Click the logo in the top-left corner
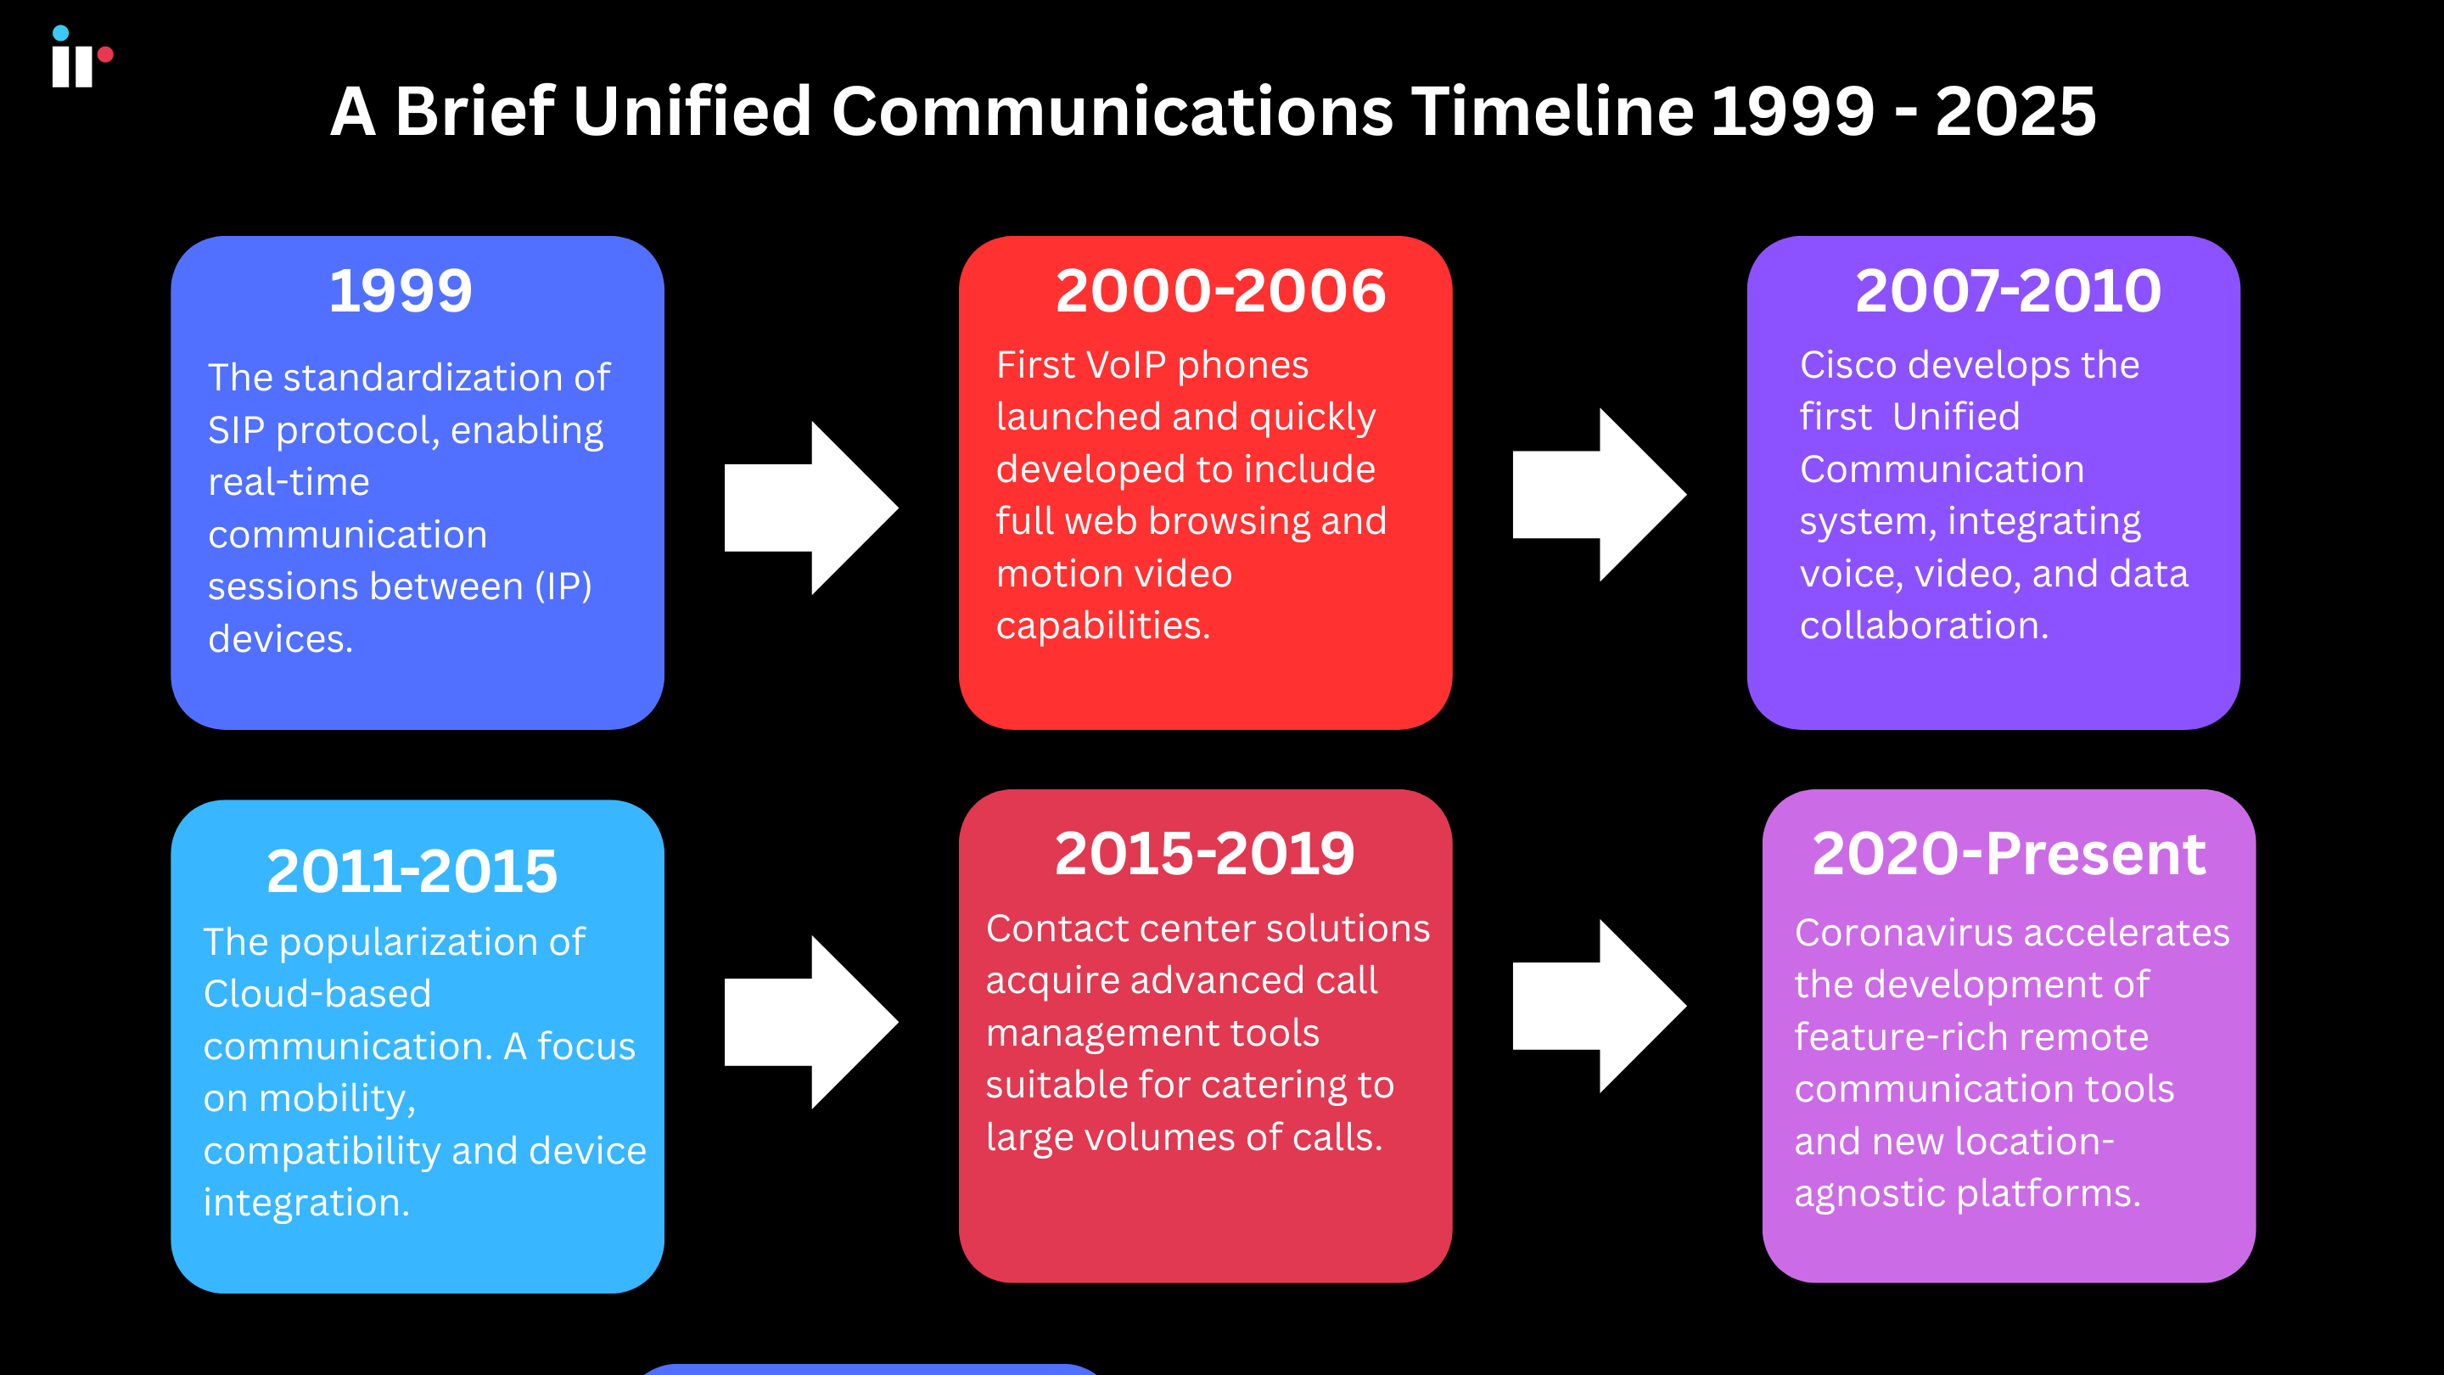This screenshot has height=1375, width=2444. pyautogui.click(x=81, y=57)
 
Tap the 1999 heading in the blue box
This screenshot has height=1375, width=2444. pyautogui.click(x=401, y=290)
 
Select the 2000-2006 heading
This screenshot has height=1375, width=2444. pyautogui.click(x=1220, y=290)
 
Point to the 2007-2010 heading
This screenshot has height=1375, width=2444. pyautogui.click(x=2008, y=290)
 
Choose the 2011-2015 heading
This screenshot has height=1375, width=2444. pyautogui.click(x=412, y=871)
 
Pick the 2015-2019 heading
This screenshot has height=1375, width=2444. pyautogui.click(x=1204, y=853)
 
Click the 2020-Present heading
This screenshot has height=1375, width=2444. pyautogui.click(x=2009, y=853)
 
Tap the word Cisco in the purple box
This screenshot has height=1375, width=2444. pyautogui.click(x=1847, y=365)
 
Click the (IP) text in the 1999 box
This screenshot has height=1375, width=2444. pyautogui.click(x=563, y=586)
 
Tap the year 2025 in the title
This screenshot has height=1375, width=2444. pyautogui.click(x=2015, y=112)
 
